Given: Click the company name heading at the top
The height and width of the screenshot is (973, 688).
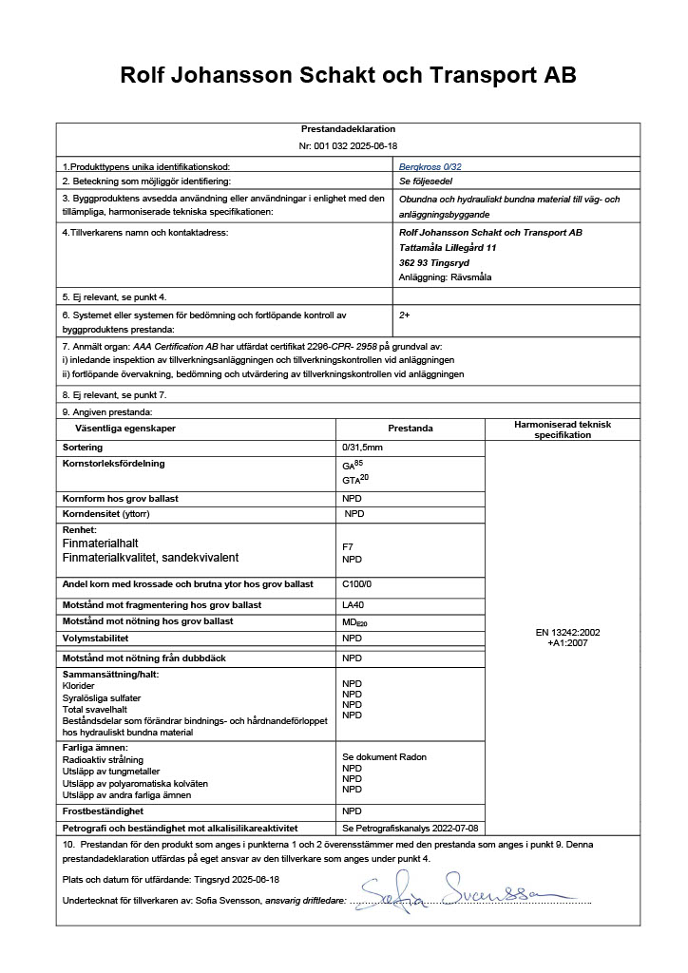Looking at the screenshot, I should coord(348,75).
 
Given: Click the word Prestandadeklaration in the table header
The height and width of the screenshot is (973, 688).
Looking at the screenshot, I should coord(348,129).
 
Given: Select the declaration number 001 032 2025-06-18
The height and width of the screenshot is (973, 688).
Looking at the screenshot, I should coord(348,146).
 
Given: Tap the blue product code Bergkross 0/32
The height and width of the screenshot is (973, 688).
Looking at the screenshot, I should coord(430,166).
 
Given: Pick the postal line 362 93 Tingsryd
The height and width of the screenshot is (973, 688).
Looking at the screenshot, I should coord(435,262).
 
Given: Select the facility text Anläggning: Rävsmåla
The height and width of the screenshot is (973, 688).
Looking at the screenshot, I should coord(447,277).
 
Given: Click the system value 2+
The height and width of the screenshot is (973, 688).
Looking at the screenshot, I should coord(405,314).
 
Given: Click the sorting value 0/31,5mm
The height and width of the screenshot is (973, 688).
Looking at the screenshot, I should coord(364,447).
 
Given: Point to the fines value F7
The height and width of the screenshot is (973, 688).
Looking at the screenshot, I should coord(348,547).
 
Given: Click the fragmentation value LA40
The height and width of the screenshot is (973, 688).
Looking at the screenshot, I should coord(353,604).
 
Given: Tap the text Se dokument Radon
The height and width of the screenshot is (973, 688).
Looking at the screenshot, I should coord(384,757).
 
